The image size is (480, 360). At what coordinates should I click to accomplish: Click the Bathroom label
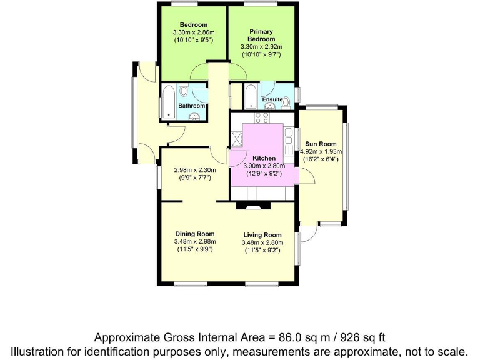coord(191,106)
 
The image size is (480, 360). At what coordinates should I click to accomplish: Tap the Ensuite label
coord(272,99)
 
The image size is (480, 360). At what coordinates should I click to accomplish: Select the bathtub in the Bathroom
coord(169,102)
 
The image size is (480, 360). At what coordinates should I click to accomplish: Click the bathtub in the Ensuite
coord(250,97)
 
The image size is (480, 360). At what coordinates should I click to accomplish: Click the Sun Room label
coord(321,144)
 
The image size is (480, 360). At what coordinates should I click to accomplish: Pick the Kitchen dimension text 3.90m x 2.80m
coord(264,166)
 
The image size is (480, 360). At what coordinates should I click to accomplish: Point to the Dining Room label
coord(195,234)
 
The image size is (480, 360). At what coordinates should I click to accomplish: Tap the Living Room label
coord(262,235)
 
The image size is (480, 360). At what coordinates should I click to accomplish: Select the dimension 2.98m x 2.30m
coord(194,169)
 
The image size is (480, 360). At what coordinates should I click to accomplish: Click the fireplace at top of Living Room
coord(253,204)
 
